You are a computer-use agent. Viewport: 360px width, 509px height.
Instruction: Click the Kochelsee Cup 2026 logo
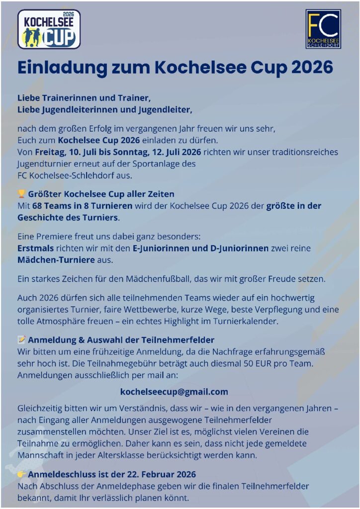point(49,29)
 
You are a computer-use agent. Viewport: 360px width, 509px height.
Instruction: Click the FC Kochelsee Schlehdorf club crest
point(323,29)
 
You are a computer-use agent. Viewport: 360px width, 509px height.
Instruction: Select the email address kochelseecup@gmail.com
point(174,392)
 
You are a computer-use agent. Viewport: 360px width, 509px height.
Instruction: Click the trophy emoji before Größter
point(21,194)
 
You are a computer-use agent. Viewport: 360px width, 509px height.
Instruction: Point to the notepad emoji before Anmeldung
point(21,340)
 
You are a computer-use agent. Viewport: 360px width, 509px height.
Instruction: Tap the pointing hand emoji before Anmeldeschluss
point(21,474)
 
